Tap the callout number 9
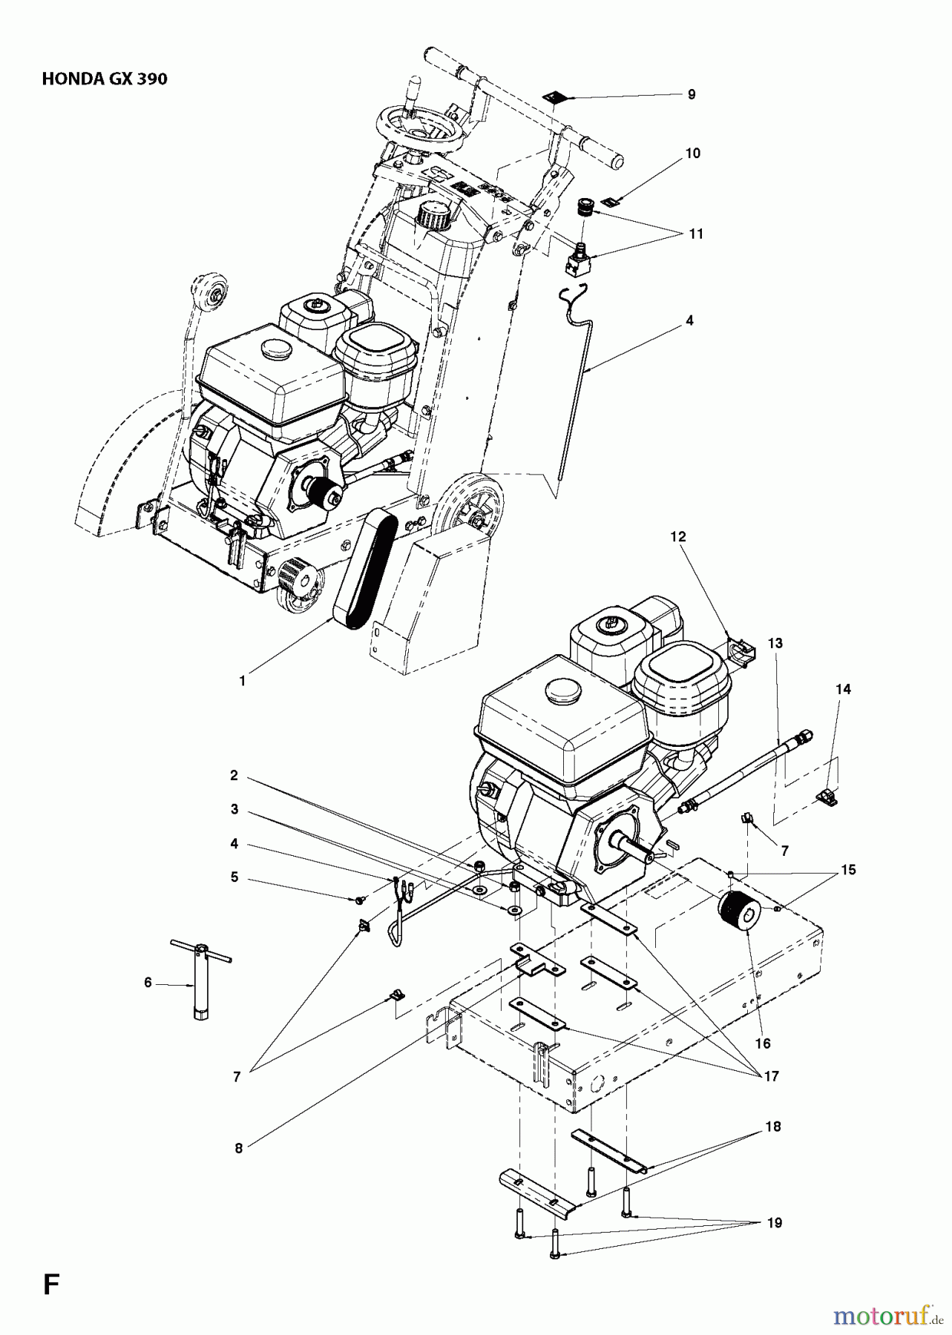click(x=691, y=95)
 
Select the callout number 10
click(x=692, y=154)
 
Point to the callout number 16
click(x=763, y=1044)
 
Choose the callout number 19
click(x=774, y=1223)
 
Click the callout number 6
click(x=148, y=982)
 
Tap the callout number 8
click(x=238, y=1148)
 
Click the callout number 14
click(x=842, y=689)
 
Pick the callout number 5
click(x=234, y=877)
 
